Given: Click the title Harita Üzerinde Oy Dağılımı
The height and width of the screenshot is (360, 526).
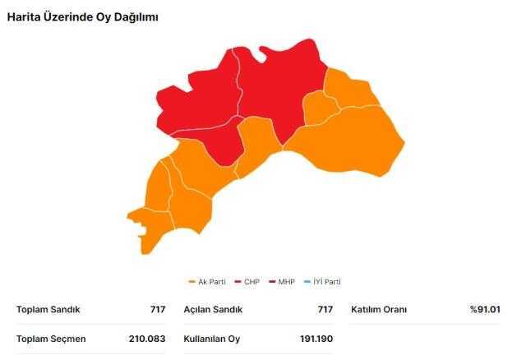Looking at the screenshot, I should coord(83,17).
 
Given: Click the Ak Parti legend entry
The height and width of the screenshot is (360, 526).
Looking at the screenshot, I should coord(210,282).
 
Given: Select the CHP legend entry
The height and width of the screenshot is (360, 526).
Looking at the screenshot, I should coord(251,282).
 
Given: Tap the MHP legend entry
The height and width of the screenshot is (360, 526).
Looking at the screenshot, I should coord(285,282).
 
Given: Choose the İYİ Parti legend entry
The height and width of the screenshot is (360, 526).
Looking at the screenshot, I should coord(325,282).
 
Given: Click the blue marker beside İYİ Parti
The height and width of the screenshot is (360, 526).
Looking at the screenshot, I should coord(307,282).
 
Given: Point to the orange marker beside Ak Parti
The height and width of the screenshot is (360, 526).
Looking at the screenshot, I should coord(191,282).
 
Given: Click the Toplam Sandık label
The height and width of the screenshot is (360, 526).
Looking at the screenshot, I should coord(48,310).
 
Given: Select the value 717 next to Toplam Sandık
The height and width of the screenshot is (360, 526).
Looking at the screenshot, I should coord(157,310).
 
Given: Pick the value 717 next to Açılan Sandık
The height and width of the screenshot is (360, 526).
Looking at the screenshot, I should coord(325,310).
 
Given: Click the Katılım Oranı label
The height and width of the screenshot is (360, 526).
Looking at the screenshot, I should coord(379,310).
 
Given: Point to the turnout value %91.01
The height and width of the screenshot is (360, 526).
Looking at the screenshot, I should coord(485,310).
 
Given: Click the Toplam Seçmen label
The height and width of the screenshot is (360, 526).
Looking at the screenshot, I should coord(51,339).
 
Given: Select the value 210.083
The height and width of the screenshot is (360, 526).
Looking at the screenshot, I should coord(146,339).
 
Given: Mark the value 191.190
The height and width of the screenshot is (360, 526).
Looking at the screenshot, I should coord(315,339).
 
